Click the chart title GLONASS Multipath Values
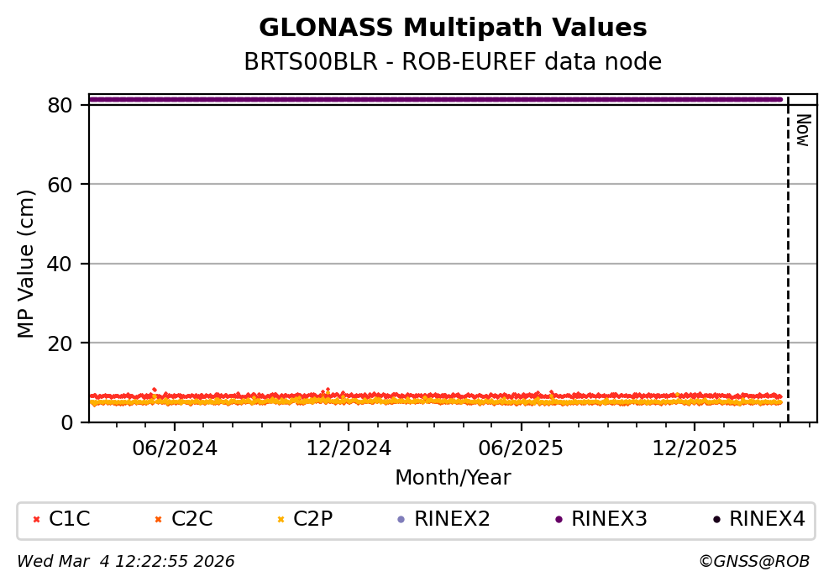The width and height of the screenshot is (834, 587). click(x=453, y=29)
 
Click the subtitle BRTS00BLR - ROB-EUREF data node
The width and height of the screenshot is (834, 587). click(x=453, y=62)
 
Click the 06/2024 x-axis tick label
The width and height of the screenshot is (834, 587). click(x=174, y=448)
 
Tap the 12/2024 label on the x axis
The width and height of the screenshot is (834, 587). click(x=347, y=448)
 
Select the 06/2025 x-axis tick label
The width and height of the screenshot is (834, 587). click(x=521, y=448)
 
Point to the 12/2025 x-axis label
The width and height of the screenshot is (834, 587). click(x=694, y=448)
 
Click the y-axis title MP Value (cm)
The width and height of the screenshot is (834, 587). click(x=27, y=264)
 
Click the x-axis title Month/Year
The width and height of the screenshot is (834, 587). click(x=453, y=478)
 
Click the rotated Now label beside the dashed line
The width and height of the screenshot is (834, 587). click(x=802, y=130)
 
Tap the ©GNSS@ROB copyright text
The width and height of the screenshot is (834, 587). click(x=753, y=562)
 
